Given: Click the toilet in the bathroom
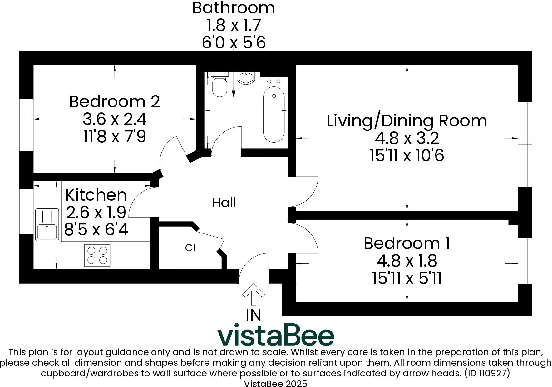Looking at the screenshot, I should pos(219,86).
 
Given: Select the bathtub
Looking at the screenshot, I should pos(274,114).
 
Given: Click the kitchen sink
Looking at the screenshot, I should pos(47,225).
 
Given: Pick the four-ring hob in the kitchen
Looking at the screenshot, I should pos(97,255).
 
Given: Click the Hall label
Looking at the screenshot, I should pos(224,203).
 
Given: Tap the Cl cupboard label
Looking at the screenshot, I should pos(190,248).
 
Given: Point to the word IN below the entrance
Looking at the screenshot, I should pos(253,315).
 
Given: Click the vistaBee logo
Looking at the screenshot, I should pos(276,337).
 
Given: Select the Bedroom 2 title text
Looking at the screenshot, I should pos(115,102).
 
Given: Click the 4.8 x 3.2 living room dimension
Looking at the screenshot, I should pos(407,138).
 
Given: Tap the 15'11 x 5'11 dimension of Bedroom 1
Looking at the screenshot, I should pos(407,278).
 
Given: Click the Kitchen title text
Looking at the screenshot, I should pos(96,195).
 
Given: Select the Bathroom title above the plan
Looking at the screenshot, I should pos(233,8).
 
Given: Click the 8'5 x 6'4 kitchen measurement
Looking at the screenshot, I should pos(96,230).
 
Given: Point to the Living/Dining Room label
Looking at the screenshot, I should pos(407,121).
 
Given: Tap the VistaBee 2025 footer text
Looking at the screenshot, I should pos(275,384).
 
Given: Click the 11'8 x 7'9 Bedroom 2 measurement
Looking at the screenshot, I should pos(115,136).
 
